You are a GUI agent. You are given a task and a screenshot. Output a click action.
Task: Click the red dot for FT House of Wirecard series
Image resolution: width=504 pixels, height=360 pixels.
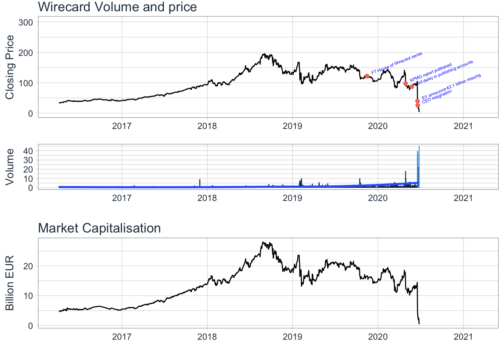coord(367,76)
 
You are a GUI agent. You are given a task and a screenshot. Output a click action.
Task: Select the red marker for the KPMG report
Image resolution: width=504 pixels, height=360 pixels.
coord(405,83)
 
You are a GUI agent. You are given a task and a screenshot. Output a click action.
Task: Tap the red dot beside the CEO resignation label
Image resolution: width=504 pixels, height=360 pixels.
coord(418,105)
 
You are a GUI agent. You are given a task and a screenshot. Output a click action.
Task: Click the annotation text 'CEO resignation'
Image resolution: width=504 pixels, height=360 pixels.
coord(437,96)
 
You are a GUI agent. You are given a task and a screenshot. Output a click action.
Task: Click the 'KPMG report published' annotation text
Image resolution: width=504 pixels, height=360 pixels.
coord(431,72)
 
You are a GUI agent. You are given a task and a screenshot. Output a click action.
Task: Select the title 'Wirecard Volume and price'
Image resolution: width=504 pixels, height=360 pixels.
coord(117,7)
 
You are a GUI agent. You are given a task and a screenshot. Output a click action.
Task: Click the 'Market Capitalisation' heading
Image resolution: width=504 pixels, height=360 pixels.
coord(99,228)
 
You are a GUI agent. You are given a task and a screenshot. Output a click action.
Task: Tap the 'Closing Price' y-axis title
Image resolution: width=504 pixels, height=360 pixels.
coord(10,67)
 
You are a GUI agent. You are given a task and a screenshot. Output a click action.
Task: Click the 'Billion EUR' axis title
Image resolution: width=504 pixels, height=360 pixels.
coord(10,283)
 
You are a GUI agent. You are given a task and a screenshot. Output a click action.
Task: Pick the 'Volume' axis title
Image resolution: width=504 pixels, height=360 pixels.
coord(10,166)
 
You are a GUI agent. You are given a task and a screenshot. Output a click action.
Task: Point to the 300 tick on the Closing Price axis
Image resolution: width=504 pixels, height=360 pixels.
coord(25,22)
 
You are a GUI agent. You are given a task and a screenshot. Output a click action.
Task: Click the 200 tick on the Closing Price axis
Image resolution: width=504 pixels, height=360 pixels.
coord(25,52)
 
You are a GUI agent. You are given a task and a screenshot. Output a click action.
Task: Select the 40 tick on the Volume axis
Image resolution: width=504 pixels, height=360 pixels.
coord(28,151)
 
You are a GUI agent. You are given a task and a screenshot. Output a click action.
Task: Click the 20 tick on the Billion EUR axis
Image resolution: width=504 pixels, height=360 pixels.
coord(28,266)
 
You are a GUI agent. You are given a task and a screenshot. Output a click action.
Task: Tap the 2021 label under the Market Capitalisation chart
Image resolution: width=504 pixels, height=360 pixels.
coord(463,337)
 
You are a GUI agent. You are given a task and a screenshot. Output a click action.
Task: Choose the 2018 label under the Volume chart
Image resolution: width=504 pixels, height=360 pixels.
coord(207,198)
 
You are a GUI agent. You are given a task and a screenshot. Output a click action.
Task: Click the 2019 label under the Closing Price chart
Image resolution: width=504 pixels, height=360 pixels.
coord(292,126)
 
